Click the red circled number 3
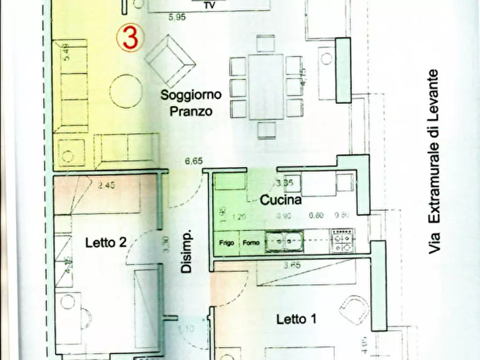click(x=130, y=38)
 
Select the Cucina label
click(x=280, y=201)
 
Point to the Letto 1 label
click(x=296, y=319)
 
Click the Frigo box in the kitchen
click(x=226, y=243)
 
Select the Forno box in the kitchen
click(x=250, y=243)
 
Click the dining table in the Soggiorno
click(x=266, y=87)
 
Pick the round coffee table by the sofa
click(x=126, y=92)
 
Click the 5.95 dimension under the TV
click(x=176, y=17)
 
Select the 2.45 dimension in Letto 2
click(x=107, y=187)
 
